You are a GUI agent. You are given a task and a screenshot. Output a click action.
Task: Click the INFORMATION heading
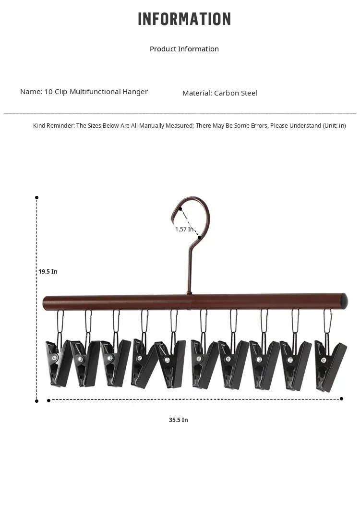(184, 19)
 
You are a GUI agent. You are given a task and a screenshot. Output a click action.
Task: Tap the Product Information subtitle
(184, 49)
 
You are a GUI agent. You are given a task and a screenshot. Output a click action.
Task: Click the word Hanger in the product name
(135, 92)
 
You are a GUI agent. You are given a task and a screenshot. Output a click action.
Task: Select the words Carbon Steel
(236, 93)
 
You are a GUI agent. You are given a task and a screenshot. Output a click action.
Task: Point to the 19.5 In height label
(48, 272)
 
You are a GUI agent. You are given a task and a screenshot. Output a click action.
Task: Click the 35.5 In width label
(179, 420)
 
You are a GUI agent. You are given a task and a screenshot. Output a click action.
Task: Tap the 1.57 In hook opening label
(184, 229)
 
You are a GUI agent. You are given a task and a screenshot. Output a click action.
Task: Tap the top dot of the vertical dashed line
(36, 198)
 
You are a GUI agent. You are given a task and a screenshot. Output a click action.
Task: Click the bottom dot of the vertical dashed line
(36, 401)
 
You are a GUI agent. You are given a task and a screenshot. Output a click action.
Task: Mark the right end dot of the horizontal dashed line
(341, 399)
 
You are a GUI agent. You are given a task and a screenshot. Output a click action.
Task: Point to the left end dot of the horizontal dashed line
(49, 401)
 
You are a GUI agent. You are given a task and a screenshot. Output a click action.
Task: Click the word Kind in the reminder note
(39, 125)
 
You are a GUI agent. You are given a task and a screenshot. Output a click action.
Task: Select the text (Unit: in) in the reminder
(334, 125)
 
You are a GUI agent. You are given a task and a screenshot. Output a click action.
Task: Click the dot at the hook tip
(180, 209)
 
